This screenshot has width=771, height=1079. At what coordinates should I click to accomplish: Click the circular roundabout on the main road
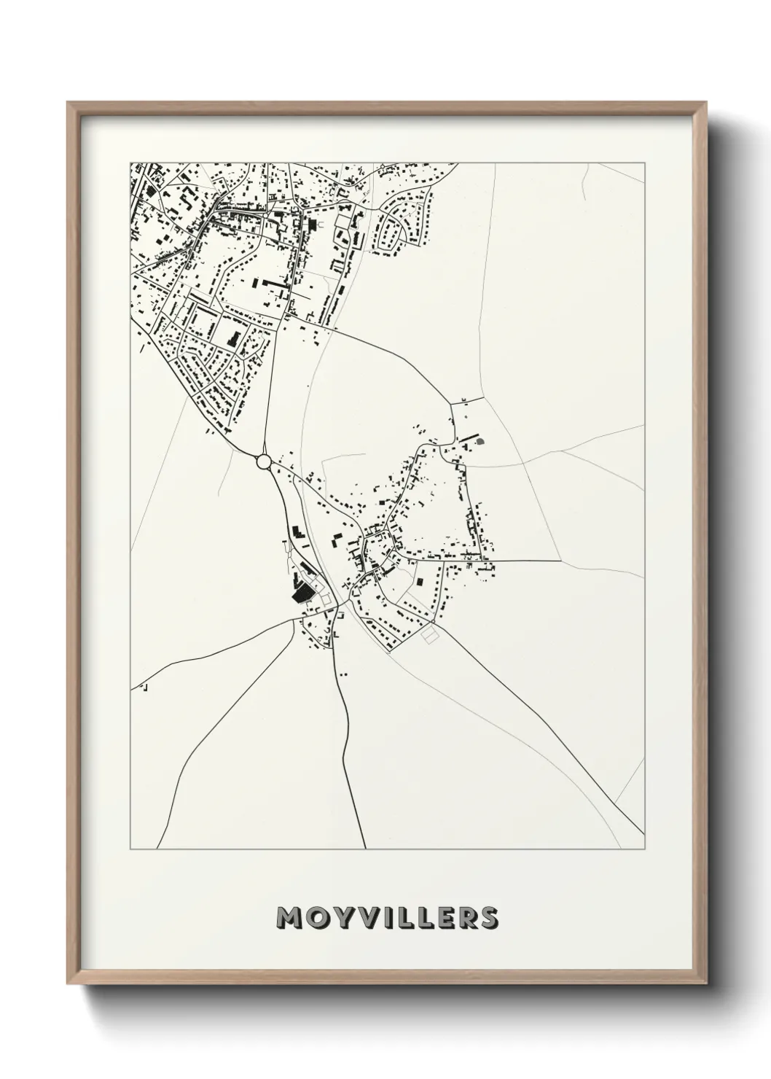click(x=264, y=461)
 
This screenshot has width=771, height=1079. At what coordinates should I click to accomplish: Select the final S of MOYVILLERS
click(x=489, y=917)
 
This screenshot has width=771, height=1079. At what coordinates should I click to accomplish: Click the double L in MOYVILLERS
click(x=412, y=917)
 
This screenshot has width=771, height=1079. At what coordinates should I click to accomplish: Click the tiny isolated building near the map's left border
click(x=144, y=687)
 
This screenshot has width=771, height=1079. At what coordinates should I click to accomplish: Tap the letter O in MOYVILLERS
click(x=316, y=917)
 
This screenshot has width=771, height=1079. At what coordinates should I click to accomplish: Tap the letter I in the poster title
click(x=386, y=917)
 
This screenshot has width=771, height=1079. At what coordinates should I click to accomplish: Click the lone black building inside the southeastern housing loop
click(x=420, y=581)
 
